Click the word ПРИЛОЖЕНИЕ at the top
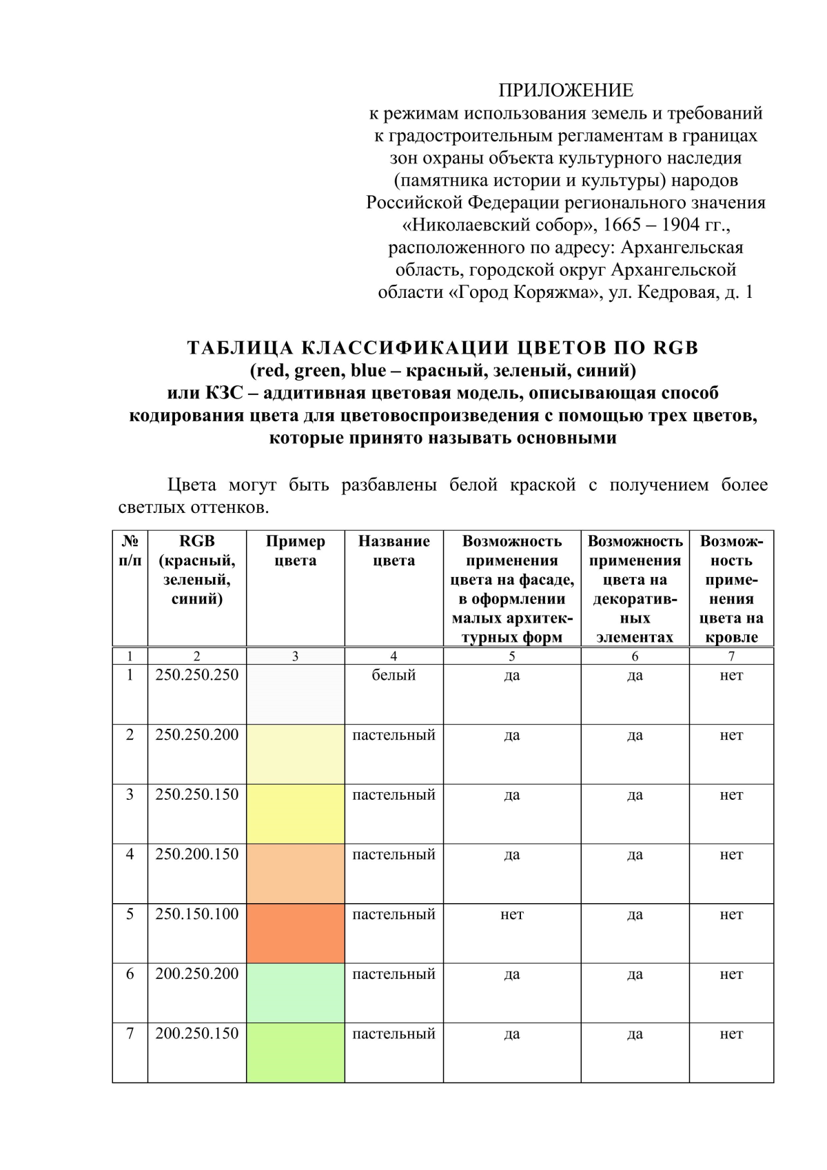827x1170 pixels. click(x=566, y=90)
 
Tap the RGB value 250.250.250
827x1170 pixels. click(x=196, y=675)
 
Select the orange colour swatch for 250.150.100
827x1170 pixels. click(x=295, y=933)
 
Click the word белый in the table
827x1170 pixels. click(x=394, y=675)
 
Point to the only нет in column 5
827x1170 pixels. click(x=511, y=914)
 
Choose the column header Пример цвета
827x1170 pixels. click(x=295, y=551)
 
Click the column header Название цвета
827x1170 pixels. click(x=394, y=551)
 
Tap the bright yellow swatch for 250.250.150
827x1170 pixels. click(x=295, y=814)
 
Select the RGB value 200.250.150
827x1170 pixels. click(x=196, y=1033)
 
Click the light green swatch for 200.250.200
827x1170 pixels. click(x=295, y=993)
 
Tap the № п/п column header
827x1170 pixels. click(x=130, y=551)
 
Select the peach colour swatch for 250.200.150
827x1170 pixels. click(x=295, y=874)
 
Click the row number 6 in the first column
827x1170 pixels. click(x=130, y=974)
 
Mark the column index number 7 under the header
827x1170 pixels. click(x=731, y=656)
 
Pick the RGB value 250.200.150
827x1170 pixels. click(x=196, y=854)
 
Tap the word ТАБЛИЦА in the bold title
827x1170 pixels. click(x=240, y=347)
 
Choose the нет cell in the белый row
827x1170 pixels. click(x=731, y=675)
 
